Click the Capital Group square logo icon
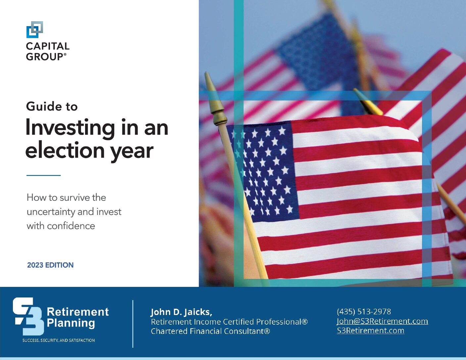(x=34, y=29)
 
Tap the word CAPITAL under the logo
(x=48, y=46)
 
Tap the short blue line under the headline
(x=43, y=175)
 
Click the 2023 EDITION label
(x=50, y=265)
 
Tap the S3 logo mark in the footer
(x=28, y=316)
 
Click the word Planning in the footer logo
(x=71, y=323)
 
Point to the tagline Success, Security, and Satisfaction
(x=59, y=340)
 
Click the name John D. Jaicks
(x=181, y=312)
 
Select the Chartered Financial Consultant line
(x=210, y=331)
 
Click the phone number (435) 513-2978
(x=364, y=311)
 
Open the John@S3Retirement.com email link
(x=382, y=321)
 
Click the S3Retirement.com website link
(x=370, y=331)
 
